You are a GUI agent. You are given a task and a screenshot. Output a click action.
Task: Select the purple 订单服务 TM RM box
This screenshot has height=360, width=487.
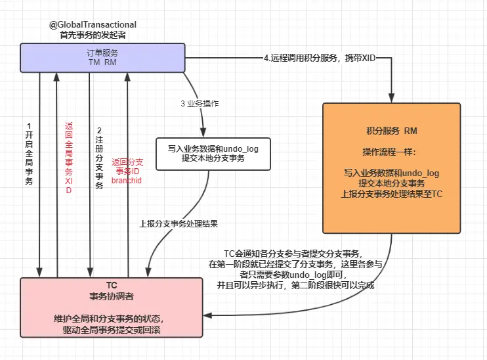[102, 57]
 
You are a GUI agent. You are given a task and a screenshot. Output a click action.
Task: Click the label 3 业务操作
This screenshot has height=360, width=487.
[204, 104]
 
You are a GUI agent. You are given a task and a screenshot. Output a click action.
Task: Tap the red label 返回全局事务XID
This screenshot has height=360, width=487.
[68, 158]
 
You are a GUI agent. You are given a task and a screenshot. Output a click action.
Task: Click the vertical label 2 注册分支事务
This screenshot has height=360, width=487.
[99, 158]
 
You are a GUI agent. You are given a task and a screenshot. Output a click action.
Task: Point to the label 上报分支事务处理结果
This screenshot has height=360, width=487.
[178, 223]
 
